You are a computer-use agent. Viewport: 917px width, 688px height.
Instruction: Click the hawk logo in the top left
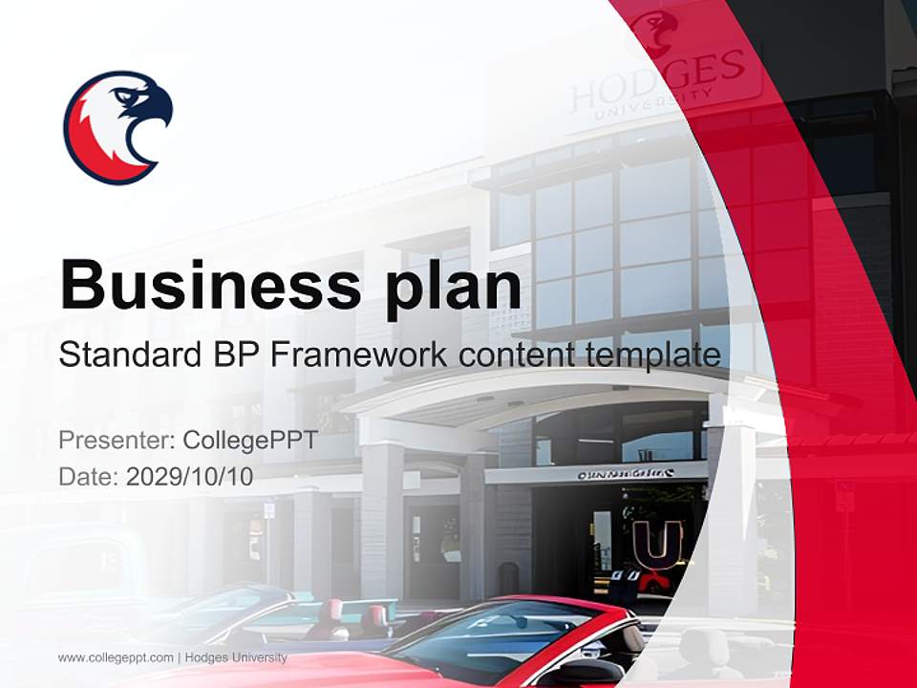(x=117, y=126)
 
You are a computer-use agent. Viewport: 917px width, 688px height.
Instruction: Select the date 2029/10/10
(x=189, y=476)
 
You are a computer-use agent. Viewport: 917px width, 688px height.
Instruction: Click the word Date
(x=86, y=476)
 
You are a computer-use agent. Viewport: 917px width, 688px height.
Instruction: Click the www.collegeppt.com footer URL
(x=116, y=657)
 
